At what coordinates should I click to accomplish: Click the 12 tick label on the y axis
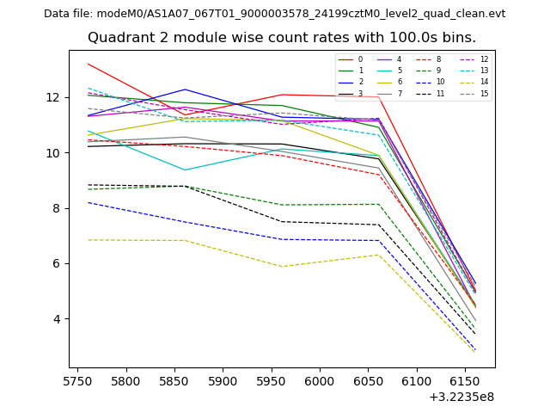pos(54,97)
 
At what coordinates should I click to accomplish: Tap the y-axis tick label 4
pos(58,319)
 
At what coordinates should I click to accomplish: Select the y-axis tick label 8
pos(58,208)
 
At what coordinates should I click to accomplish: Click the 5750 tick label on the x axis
pos(78,381)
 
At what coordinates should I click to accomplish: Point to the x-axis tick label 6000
pos(320,381)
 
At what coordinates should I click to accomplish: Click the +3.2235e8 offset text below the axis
pos(461,397)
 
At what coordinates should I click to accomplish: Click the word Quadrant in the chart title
pos(121,38)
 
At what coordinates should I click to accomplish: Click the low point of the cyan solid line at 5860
pos(184,170)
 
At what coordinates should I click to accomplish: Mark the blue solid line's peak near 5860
pos(184,89)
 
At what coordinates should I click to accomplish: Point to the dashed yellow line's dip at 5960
pos(281,266)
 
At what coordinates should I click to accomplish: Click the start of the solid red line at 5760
pos(88,64)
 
